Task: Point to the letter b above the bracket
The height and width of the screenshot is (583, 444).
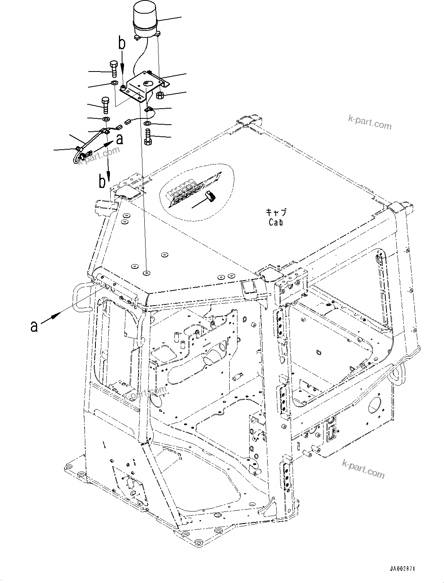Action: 122,43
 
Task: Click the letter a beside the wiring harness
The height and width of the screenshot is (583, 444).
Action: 120,139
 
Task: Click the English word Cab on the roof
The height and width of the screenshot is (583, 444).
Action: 275,222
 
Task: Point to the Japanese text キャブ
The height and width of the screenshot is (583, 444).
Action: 276,213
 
